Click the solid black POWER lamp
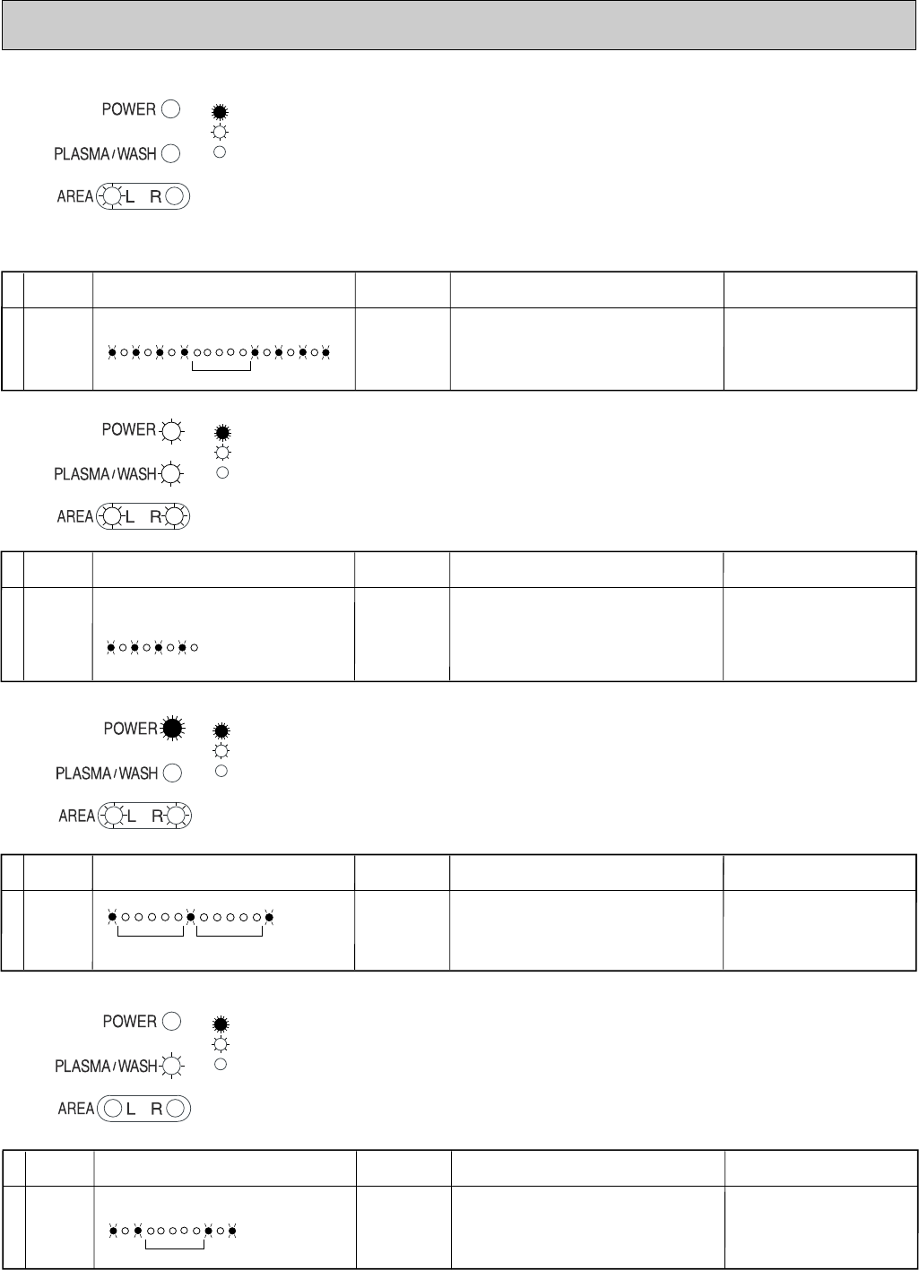[x=169, y=729]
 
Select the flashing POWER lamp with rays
[x=170, y=430]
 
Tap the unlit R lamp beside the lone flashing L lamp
[x=176, y=197]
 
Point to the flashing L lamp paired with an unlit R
[x=112, y=197]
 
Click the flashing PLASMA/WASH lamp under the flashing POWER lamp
[x=170, y=474]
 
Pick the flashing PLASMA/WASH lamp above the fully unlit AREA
[x=170, y=1067]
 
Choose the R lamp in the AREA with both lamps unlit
[x=175, y=1109]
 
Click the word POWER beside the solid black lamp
[x=130, y=729]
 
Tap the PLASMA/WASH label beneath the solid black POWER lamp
[x=106, y=773]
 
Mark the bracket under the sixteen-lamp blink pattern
[x=221, y=366]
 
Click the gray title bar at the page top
[x=459, y=24]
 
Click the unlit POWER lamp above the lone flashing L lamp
[x=170, y=109]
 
